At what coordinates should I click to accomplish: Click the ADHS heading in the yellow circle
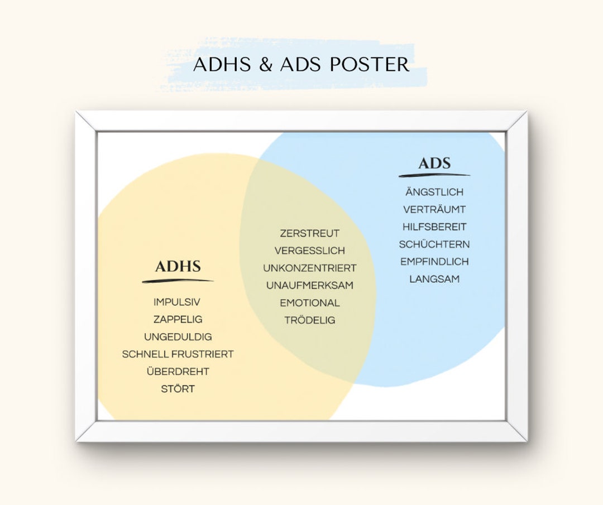click(178, 266)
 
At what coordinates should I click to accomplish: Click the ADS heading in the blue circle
click(434, 163)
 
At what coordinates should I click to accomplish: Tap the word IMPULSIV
click(177, 302)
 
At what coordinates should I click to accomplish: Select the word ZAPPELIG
click(178, 319)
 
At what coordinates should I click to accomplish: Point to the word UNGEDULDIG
click(178, 337)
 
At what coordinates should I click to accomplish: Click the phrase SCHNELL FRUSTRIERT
click(178, 354)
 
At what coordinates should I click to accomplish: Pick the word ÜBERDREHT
click(178, 372)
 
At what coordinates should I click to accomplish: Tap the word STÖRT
click(178, 389)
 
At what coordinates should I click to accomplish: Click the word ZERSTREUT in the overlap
click(309, 233)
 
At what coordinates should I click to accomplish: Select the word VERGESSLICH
click(309, 251)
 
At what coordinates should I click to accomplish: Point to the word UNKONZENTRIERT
click(309, 268)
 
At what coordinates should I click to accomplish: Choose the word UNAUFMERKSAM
click(309, 286)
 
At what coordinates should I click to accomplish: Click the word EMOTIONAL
click(309, 303)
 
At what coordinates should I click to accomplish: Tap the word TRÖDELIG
click(309, 320)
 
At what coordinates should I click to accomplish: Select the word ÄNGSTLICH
click(434, 192)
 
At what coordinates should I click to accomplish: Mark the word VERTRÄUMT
click(434, 209)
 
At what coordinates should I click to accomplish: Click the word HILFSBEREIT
click(434, 227)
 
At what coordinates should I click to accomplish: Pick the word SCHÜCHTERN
click(434, 244)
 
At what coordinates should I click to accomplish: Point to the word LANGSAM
click(434, 279)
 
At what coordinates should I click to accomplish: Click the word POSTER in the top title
click(370, 65)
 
